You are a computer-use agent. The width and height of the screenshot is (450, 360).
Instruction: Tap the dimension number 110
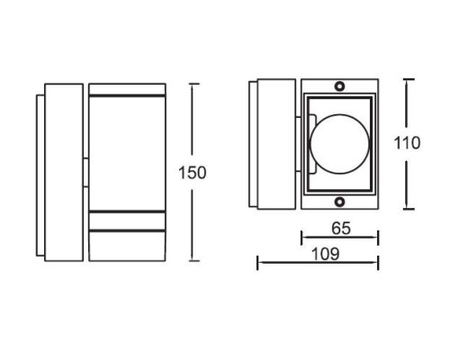[x=409, y=142]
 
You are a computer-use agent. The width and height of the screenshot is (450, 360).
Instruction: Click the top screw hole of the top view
[x=340, y=85]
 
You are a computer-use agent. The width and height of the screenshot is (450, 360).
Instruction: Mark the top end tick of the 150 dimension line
[x=193, y=85]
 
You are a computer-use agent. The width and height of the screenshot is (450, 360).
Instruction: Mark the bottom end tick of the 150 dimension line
[x=193, y=261]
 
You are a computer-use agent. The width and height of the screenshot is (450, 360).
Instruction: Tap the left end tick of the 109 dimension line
[x=258, y=263]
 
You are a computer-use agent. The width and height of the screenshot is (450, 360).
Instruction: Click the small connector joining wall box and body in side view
[x=85, y=172]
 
